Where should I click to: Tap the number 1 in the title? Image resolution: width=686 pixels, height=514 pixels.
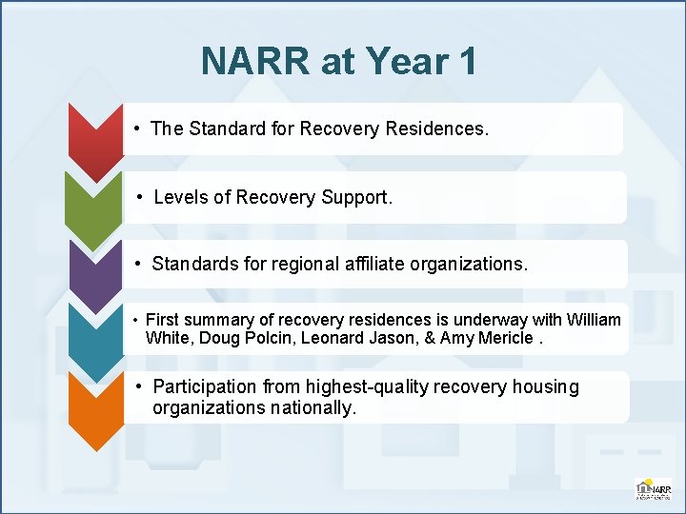[x=467, y=62]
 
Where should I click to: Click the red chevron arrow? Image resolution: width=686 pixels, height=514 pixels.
[x=95, y=138]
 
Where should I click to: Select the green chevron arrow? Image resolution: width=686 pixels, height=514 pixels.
[x=93, y=205]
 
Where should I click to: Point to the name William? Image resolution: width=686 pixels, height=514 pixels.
[x=594, y=320]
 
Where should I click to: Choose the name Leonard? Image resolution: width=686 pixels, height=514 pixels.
[x=332, y=338]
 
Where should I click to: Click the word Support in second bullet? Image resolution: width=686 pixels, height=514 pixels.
[x=353, y=197]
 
